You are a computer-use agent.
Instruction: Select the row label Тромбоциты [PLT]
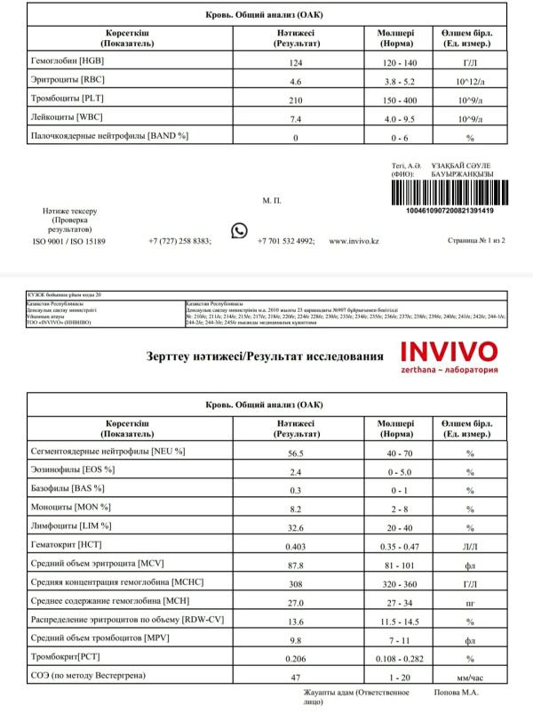68,98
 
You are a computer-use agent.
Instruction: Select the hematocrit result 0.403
295,545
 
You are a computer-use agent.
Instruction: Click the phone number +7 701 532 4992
285,241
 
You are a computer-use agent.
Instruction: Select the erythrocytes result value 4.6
295,80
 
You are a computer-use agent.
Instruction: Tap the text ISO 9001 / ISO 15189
69,241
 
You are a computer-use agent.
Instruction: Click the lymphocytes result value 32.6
295,526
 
